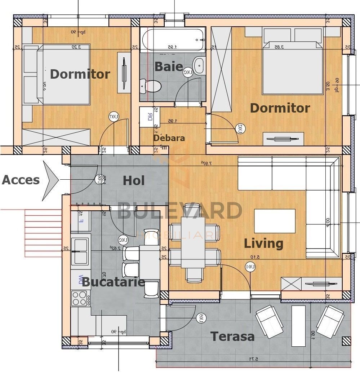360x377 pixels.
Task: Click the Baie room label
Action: pos(169,66)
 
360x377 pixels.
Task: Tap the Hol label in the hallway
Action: pos(134,180)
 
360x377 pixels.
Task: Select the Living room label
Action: pos(263,244)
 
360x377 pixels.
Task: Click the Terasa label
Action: pos(232,337)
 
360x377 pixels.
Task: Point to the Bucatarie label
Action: pos(113,282)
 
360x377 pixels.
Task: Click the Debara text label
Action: pos(169,138)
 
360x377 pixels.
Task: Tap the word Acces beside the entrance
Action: pos(21,180)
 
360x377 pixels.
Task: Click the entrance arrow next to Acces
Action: pos(50,180)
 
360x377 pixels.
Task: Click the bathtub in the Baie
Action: pos(173,40)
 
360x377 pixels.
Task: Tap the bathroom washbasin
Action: pos(199,65)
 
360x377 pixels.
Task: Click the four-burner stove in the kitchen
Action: pos(80,298)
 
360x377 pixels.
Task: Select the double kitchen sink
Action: pos(80,251)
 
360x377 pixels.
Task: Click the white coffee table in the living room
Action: pos(275,221)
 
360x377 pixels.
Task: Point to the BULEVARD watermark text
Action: pos(179,211)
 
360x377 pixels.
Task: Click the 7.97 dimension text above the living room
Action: pos(206,163)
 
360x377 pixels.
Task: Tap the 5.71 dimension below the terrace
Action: pos(254,359)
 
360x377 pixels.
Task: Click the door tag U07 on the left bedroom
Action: pos(114,117)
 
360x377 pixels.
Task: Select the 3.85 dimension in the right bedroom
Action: pos(278,47)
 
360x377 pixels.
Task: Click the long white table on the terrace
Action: pos(298,326)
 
